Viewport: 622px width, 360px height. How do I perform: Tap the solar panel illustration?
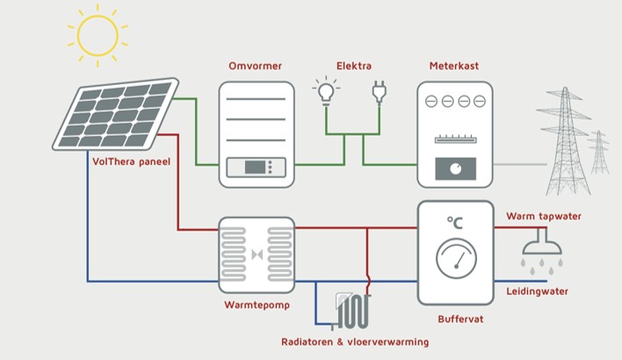click(x=114, y=115)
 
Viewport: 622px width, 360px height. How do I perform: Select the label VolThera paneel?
click(x=131, y=162)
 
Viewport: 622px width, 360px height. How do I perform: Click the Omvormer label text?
click(x=255, y=67)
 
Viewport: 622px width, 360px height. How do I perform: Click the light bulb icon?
click(x=326, y=90)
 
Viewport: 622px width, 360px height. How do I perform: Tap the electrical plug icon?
click(x=380, y=90)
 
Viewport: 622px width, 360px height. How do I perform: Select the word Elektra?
click(x=353, y=67)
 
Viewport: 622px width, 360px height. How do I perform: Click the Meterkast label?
click(x=451, y=67)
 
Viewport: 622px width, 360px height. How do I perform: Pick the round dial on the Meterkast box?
click(x=455, y=168)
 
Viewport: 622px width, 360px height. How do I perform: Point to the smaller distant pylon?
click(x=599, y=152)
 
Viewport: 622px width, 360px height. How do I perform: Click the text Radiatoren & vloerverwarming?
click(x=355, y=341)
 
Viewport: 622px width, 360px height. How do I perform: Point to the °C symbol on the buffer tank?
click(x=455, y=223)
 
